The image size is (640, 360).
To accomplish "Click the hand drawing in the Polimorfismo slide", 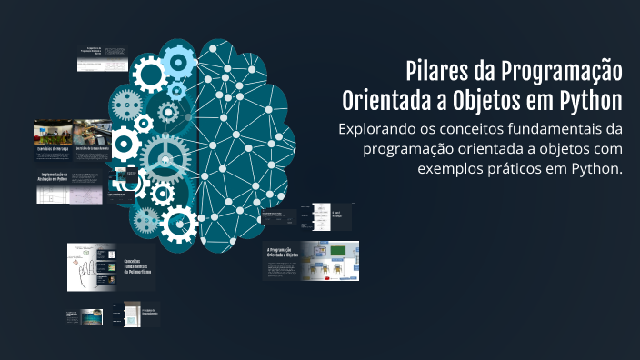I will click(85, 267).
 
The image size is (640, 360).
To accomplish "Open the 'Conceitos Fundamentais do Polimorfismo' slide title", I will click(138, 266).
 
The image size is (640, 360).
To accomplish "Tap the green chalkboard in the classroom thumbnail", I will click(337, 250).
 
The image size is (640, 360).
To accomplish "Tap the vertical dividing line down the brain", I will click(198, 145).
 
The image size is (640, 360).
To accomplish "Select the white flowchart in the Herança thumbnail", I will click(320, 216).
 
